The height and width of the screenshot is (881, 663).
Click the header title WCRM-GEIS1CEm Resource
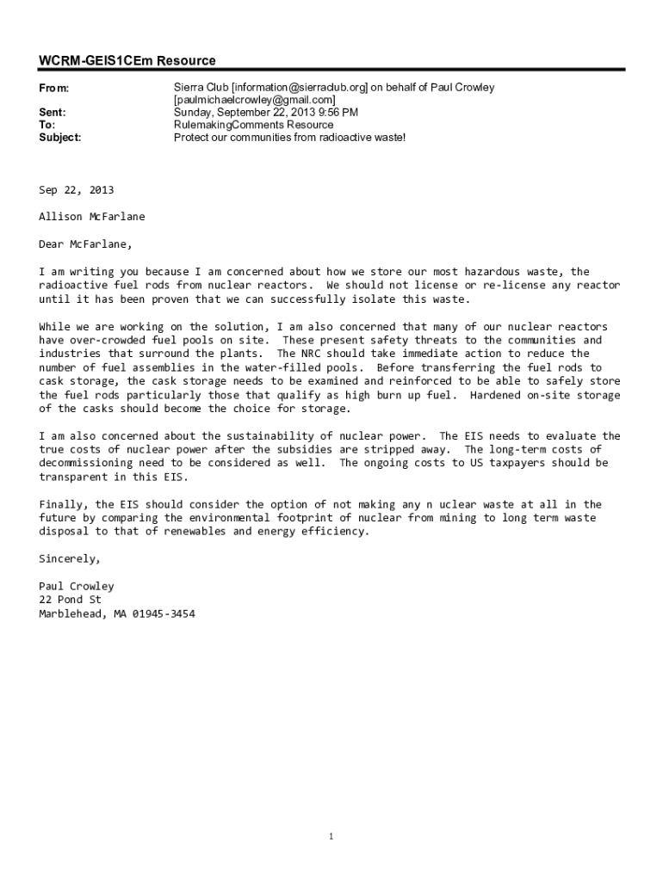[127, 60]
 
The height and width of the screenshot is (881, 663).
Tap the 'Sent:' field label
[53, 113]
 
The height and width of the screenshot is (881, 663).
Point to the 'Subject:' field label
[60, 137]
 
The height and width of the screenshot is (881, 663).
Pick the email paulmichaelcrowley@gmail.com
[255, 100]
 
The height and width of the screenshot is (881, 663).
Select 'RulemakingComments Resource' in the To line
[253, 125]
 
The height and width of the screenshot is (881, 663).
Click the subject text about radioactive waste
[289, 137]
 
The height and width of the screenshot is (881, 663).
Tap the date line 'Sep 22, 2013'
[77, 190]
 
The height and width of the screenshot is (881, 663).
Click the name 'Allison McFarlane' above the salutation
[92, 217]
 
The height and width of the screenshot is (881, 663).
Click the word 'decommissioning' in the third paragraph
[86, 463]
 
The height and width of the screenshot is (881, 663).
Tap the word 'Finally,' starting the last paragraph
[64, 504]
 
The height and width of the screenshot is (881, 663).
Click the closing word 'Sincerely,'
[70, 558]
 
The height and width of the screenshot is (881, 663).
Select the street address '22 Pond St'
[70, 600]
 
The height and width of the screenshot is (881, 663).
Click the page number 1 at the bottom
[331, 836]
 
